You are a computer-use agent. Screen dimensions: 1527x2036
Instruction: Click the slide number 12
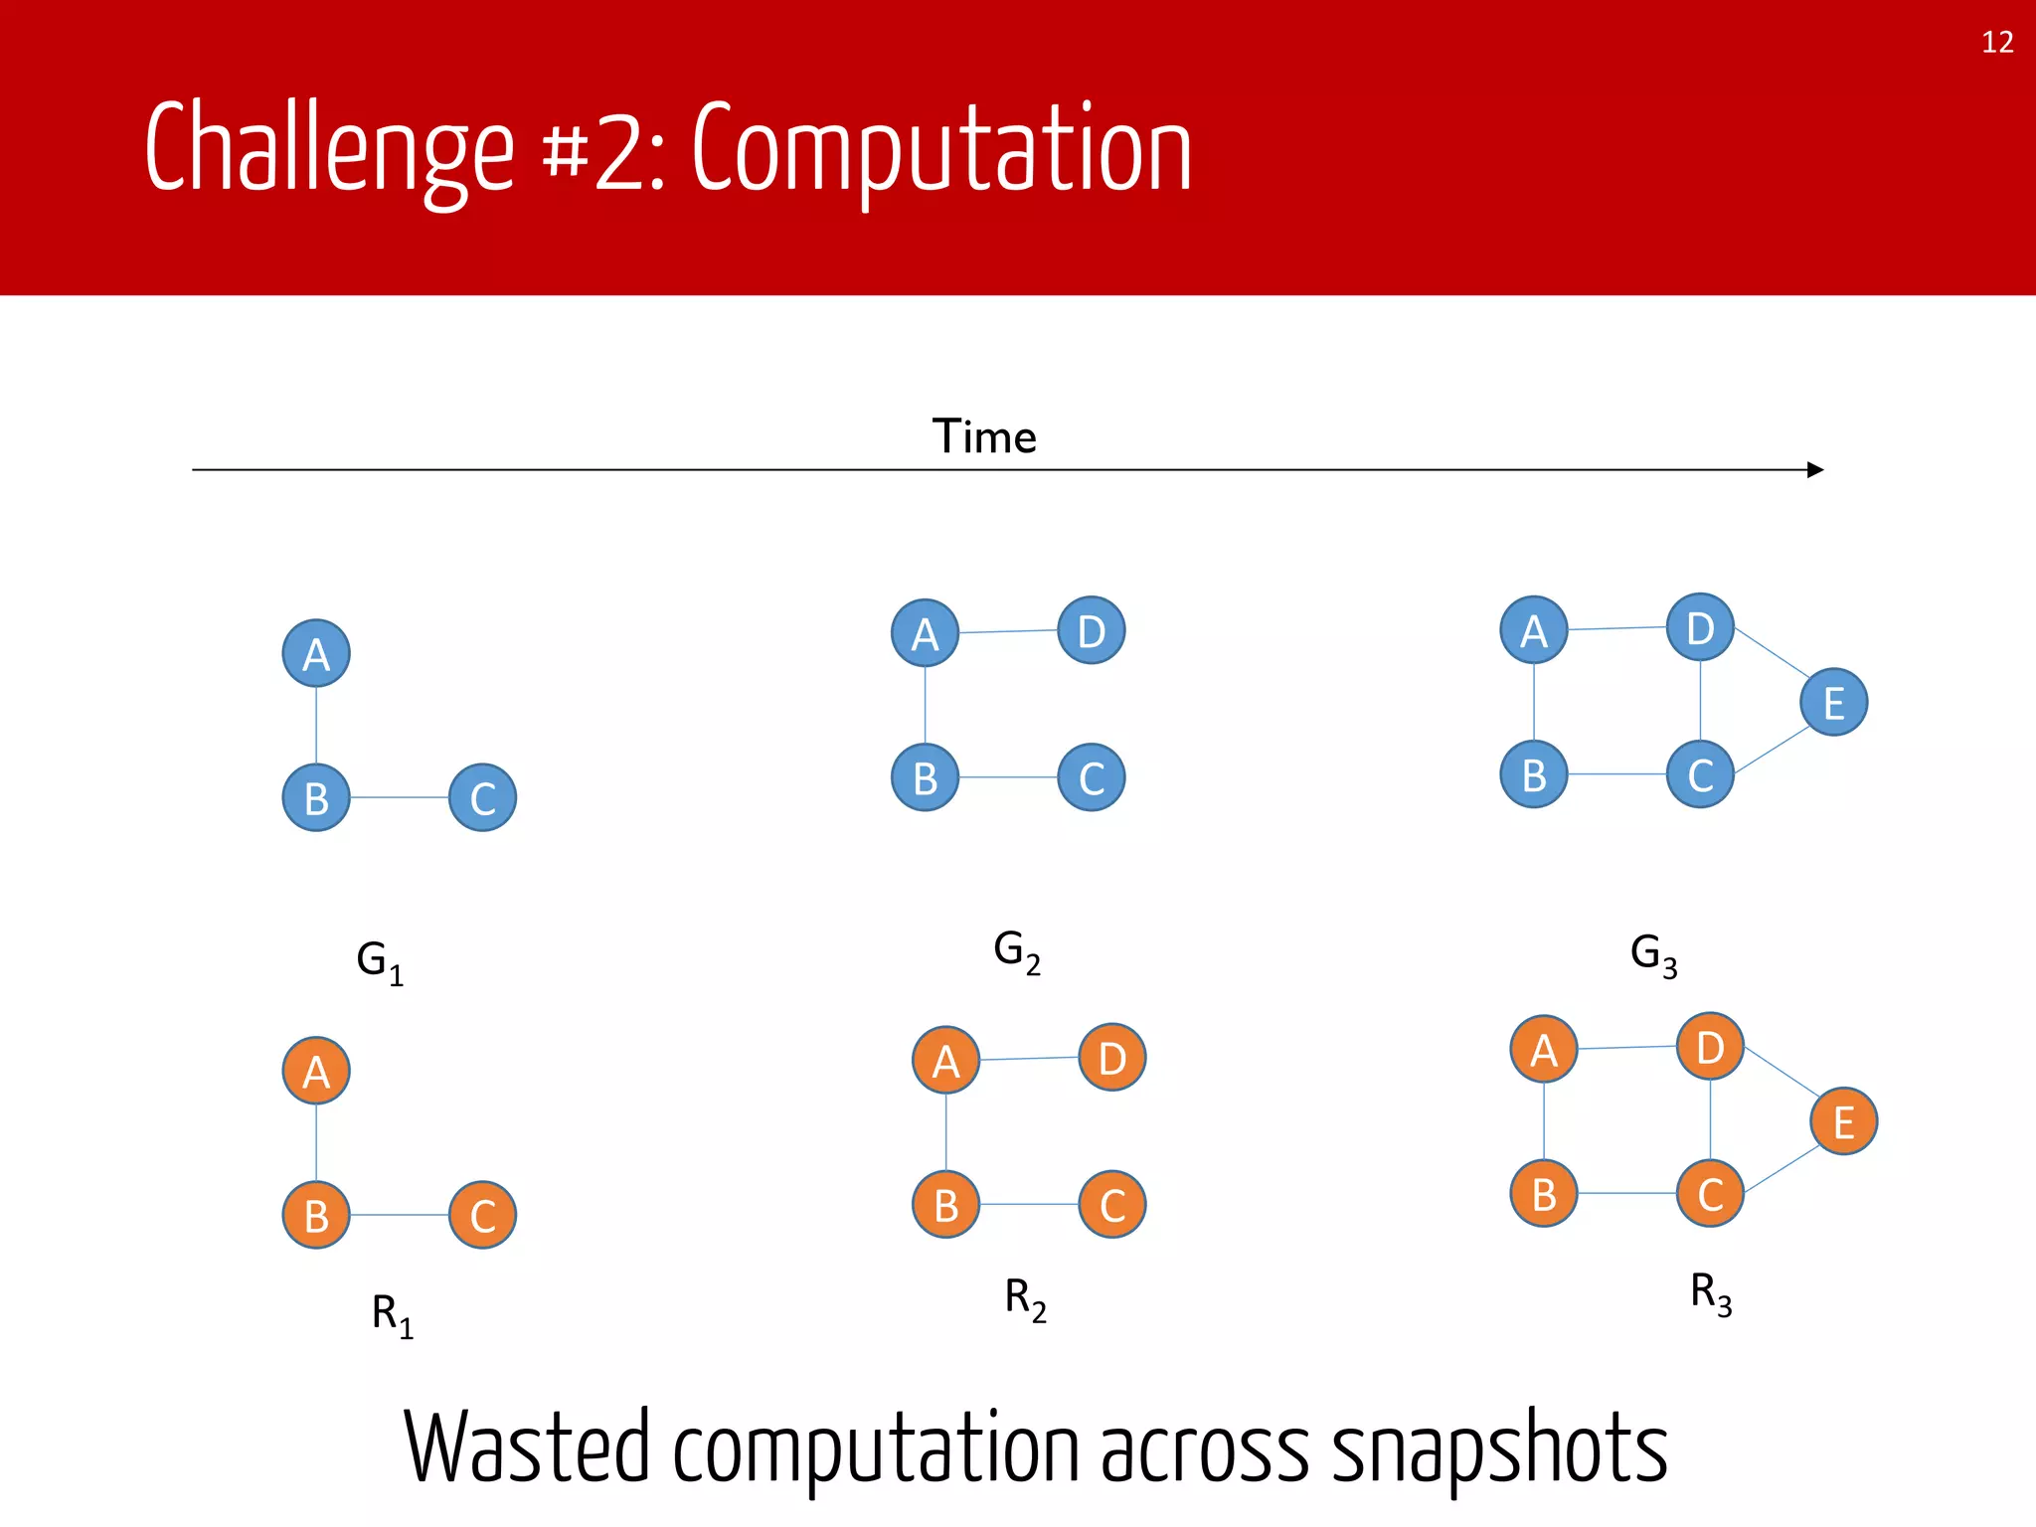[1996, 42]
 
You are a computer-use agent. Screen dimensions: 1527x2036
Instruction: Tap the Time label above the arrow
[984, 436]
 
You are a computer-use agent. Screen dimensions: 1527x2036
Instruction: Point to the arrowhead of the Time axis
[1814, 469]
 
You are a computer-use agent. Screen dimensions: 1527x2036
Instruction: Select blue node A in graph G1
[316, 653]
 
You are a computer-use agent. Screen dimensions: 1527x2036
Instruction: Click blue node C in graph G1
[483, 797]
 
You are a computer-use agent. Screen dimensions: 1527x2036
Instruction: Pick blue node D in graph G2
[1092, 630]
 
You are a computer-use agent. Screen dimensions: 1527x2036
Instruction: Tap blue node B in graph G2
[926, 777]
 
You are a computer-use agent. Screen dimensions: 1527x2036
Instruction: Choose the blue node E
[1834, 702]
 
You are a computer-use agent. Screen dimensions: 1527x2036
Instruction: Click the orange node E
[1844, 1121]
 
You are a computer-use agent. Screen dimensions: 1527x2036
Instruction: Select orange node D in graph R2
[1112, 1058]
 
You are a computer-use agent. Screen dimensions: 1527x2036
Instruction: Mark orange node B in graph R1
[316, 1215]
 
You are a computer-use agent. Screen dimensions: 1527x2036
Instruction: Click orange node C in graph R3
[1710, 1193]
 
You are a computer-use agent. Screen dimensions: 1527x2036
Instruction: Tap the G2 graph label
[1017, 951]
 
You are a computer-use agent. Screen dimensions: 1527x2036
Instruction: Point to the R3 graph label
[1711, 1294]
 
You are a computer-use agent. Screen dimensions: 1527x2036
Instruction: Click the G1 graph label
[380, 961]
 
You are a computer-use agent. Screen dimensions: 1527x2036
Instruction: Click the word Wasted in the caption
[527, 1447]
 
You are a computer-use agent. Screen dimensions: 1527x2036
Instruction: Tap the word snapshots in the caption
[1499, 1447]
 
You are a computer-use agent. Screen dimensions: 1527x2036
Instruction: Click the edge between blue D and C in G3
[1700, 701]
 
